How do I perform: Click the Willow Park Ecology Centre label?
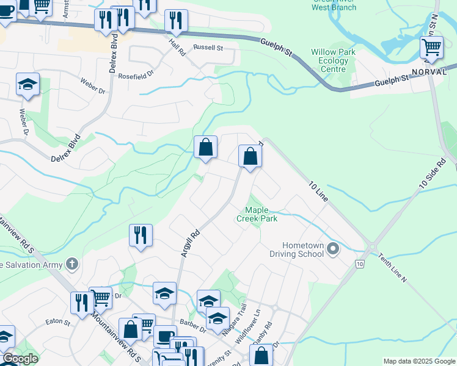pos(333,60)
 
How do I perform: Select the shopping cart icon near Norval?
pos(431,47)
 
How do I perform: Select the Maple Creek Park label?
pos(257,214)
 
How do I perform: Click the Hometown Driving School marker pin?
pos(333,248)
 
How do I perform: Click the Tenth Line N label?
pos(392,268)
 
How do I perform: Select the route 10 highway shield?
pos(359,263)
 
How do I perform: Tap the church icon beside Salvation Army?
pos(72,264)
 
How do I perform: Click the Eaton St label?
pos(57,321)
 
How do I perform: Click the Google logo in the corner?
pos(20,359)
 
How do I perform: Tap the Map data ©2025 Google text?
pos(419,361)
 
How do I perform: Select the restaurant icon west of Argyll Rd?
pos(141,235)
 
